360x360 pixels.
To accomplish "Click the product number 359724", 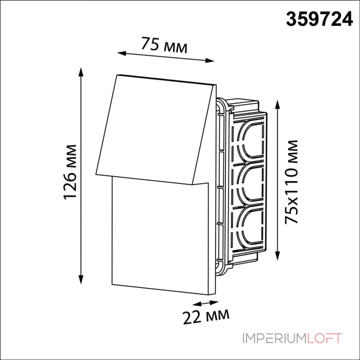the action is coord(319,19).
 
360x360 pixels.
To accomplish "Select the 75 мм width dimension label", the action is coord(164,45).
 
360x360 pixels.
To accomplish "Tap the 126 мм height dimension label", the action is coord(70,172).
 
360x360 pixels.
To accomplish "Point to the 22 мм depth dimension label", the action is coord(206,316).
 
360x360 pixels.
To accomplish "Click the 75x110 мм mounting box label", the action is coord(291,181).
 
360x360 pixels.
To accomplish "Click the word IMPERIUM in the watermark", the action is coord(274,338).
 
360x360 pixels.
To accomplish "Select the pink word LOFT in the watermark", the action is coord(324,338).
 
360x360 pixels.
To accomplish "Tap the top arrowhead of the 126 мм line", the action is coord(81,72).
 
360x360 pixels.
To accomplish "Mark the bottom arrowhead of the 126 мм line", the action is coord(81,279).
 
